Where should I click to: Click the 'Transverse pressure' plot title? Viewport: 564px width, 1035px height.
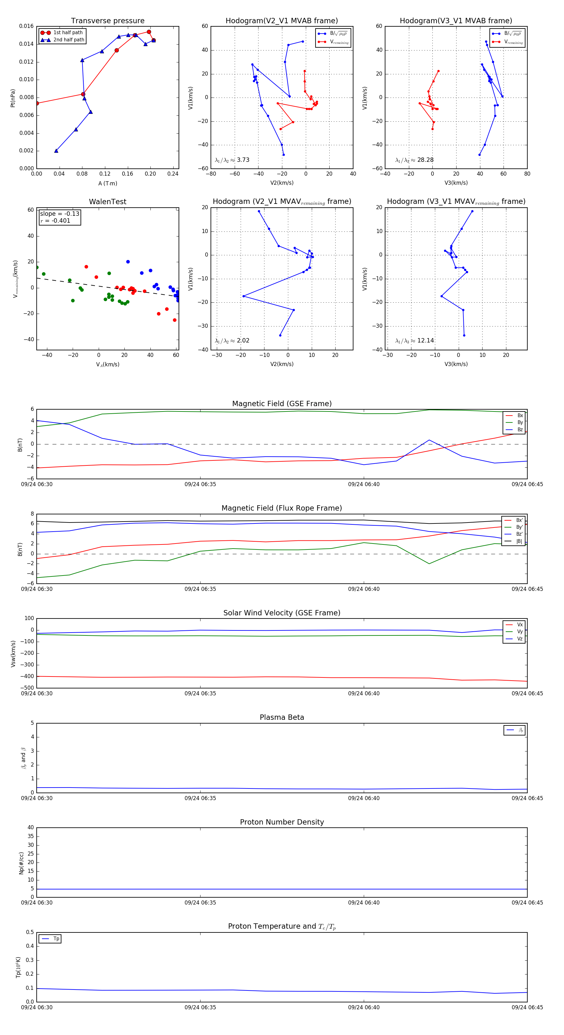coord(107,21)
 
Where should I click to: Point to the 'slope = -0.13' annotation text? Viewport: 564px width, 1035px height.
coord(60,214)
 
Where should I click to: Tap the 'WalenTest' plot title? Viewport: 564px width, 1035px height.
coord(107,202)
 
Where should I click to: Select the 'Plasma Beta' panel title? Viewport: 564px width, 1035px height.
coord(282,718)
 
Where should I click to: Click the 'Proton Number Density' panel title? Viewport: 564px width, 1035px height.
coord(282,822)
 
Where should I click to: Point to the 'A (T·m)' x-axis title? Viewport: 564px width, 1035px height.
coord(107,183)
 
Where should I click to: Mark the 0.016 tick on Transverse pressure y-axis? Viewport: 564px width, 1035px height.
coord(27,26)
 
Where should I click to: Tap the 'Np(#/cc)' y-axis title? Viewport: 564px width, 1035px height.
coord(21,863)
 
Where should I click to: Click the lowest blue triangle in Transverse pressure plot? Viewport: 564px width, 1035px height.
coord(56,151)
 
